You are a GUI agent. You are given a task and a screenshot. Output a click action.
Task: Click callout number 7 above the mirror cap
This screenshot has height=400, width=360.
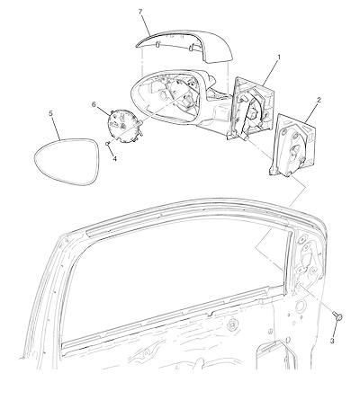[140, 12]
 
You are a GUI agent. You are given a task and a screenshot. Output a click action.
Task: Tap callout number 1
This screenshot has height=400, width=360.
[279, 57]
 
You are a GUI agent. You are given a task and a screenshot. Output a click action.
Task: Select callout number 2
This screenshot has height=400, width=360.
[319, 100]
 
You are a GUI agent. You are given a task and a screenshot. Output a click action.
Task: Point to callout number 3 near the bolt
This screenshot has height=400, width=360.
[332, 341]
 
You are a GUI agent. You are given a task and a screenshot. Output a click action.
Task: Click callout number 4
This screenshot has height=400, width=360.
[115, 158]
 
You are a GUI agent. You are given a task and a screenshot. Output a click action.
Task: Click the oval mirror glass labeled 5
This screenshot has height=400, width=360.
[67, 162]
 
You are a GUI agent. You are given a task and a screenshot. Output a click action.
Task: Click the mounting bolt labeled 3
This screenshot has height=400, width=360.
[337, 316]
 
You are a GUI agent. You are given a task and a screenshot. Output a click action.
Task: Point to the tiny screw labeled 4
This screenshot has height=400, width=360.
[106, 144]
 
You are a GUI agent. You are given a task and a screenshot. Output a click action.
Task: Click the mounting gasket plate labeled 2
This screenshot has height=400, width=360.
[292, 145]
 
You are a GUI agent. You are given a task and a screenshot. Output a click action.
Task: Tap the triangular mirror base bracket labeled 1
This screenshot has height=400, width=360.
[251, 108]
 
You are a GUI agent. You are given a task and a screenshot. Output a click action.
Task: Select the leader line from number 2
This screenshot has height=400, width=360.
[311, 112]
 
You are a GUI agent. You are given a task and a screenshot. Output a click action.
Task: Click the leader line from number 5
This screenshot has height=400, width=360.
[57, 129]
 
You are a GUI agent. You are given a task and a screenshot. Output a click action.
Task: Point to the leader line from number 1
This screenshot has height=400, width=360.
[270, 73]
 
